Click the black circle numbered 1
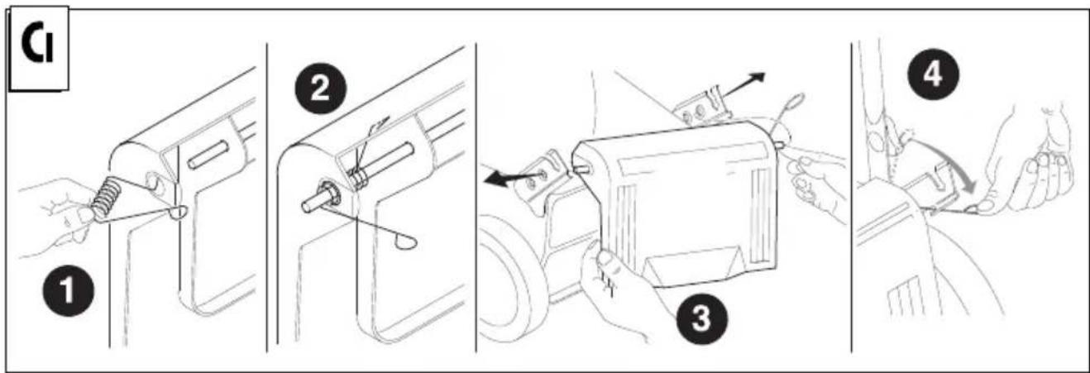(x=68, y=291)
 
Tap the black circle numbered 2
(x=320, y=89)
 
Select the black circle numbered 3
(x=701, y=319)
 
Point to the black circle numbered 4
(x=933, y=75)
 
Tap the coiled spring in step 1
(x=106, y=197)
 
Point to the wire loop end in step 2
(x=405, y=242)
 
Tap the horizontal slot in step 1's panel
(x=208, y=155)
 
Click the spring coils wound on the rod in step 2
(x=357, y=178)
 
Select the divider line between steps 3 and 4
(x=852, y=197)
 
